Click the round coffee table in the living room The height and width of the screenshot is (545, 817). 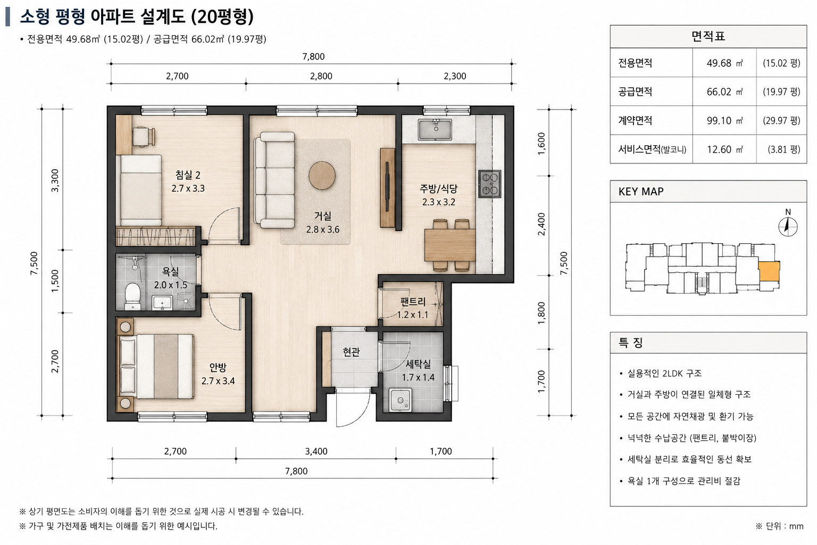click(x=322, y=176)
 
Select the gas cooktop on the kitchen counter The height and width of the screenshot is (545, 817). click(x=489, y=184)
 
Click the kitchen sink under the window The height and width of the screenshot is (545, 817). click(x=435, y=129)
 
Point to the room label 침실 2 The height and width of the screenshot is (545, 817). click(x=188, y=175)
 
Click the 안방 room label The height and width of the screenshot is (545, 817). click(x=218, y=367)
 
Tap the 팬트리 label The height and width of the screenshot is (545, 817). click(x=413, y=302)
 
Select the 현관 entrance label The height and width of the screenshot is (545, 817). click(x=351, y=352)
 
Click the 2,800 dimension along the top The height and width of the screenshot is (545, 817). click(x=321, y=76)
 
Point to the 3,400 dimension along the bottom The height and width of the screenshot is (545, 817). click(x=316, y=451)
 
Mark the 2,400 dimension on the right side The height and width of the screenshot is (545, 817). click(x=541, y=224)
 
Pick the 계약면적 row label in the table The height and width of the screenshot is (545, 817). click(x=635, y=120)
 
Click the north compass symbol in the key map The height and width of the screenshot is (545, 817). click(x=788, y=226)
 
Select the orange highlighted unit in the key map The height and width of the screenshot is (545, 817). click(x=769, y=271)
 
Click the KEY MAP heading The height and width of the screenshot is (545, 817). click(x=641, y=192)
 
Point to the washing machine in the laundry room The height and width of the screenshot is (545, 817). click(x=400, y=400)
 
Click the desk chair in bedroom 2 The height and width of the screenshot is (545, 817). click(x=144, y=137)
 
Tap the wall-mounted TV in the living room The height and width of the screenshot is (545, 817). click(x=387, y=187)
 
